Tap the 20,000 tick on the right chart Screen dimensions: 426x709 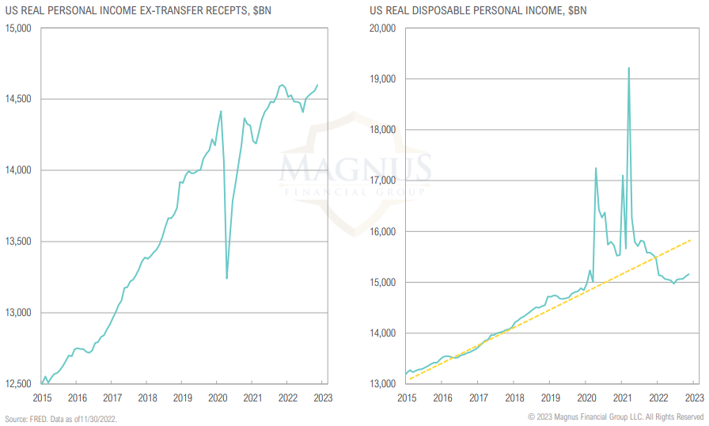coord(383,29)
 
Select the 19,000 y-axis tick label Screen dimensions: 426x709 coord(383,79)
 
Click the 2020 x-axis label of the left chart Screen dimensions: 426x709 coord(218,398)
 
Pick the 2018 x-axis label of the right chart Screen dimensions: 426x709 coord(514,398)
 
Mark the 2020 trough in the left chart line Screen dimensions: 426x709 coord(227,278)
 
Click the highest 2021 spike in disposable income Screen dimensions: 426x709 coord(629,68)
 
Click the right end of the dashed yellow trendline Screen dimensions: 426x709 coord(692,239)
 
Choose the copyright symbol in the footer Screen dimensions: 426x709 coord(531,417)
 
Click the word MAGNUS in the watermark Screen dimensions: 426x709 coord(355,169)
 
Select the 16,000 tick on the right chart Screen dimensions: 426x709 coord(383,232)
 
